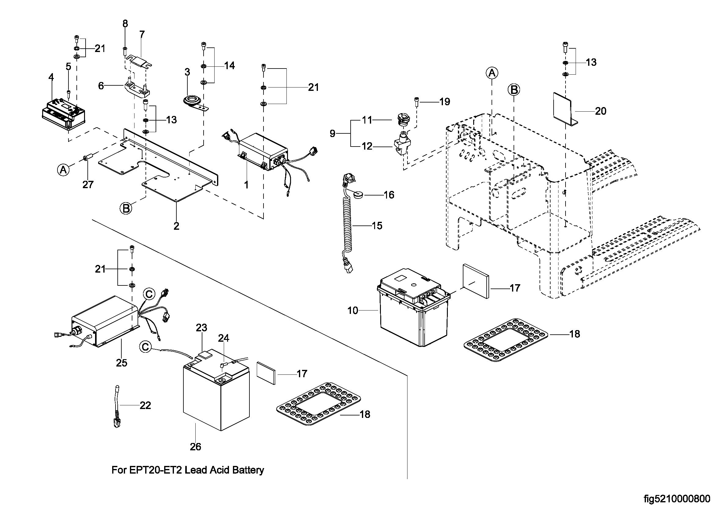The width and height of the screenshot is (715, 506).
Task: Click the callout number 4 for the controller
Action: coord(51,77)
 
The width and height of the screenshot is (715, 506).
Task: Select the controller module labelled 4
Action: coord(64,114)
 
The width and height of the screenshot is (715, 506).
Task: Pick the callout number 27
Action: coord(88,185)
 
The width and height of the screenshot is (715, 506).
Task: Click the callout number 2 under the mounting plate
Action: coord(176,226)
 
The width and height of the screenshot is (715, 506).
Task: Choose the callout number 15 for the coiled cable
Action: coord(377,225)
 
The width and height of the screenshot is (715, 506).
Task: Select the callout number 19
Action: coord(445,102)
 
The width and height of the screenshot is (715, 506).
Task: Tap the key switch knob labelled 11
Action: coord(404,120)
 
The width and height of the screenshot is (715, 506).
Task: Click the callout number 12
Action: coord(367,146)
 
